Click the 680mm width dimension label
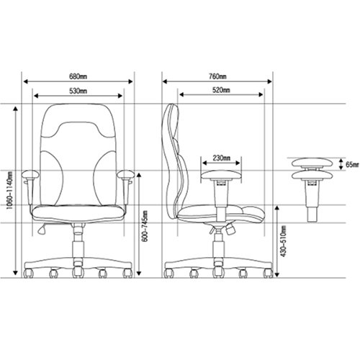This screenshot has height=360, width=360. coord(78,76)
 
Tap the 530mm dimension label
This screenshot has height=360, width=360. coord(78,91)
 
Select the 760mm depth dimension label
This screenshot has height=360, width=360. coord(217,76)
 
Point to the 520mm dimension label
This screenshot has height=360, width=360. coord(221,90)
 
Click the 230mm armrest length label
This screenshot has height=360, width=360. coord(221,158)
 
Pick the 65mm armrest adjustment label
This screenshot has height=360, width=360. coord(352,165)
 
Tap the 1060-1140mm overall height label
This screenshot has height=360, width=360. coord(9,190)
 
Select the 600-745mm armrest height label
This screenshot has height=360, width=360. coord(145,226)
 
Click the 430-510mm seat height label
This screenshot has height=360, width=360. coord(284,241)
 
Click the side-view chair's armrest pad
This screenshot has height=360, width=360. coord(221,175)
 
